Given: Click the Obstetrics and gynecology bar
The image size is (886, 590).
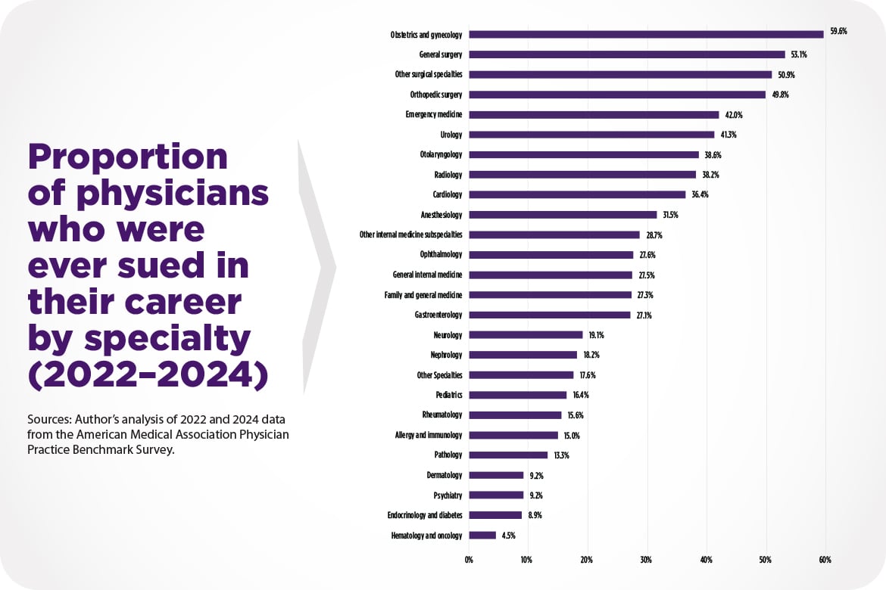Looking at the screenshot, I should (x=646, y=34).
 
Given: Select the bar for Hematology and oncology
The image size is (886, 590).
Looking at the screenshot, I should (x=482, y=535).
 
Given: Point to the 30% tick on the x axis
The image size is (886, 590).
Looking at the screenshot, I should (x=646, y=560).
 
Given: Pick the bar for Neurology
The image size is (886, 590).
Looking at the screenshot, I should (x=526, y=334).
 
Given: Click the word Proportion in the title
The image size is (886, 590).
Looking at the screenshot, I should (x=127, y=157).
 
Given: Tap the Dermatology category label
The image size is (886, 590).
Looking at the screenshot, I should (x=444, y=475).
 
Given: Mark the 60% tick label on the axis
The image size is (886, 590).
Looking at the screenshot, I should (x=825, y=560).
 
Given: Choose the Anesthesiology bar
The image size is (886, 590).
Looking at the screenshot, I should (x=563, y=215).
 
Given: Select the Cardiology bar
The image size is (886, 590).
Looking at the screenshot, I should (x=577, y=194).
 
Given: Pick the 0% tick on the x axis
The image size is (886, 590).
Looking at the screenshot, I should (x=469, y=560).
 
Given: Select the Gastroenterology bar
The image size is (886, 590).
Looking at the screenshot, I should (x=549, y=315).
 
